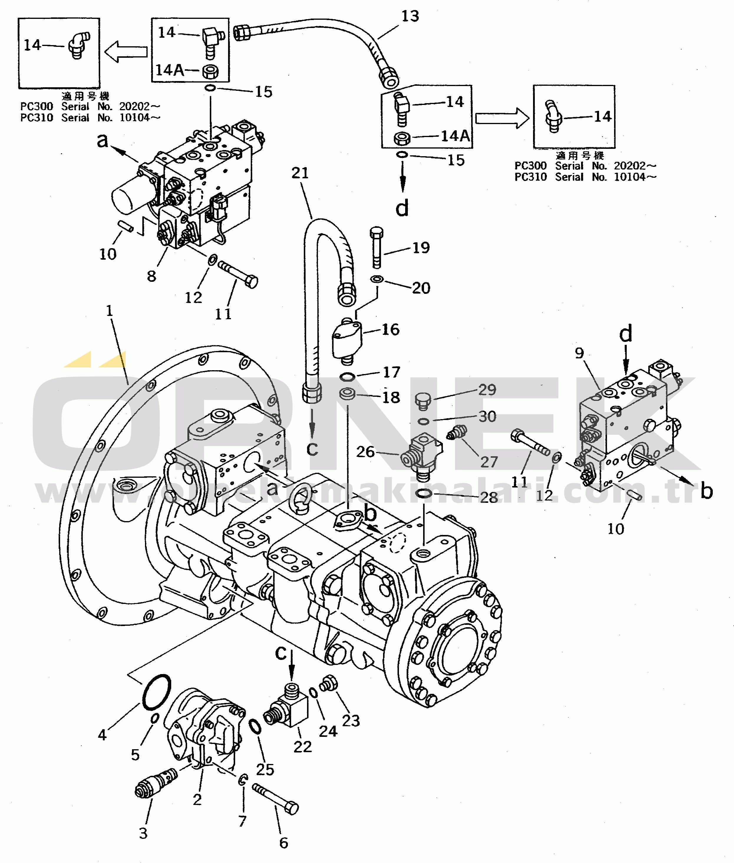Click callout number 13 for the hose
click(410, 17)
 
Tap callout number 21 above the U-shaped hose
click(300, 173)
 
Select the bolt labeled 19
click(377, 248)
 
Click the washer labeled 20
click(377, 278)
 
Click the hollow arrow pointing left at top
click(126, 52)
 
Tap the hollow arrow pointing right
click(502, 118)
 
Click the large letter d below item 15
click(402, 207)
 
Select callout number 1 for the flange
click(109, 310)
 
